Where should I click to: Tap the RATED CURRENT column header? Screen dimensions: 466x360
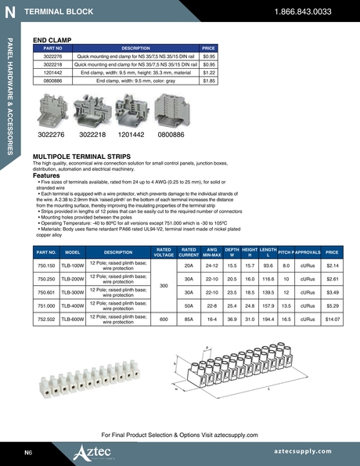coord(188,252)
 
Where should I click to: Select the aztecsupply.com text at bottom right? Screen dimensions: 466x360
coord(310,453)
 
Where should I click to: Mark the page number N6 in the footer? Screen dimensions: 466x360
coord(27,453)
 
